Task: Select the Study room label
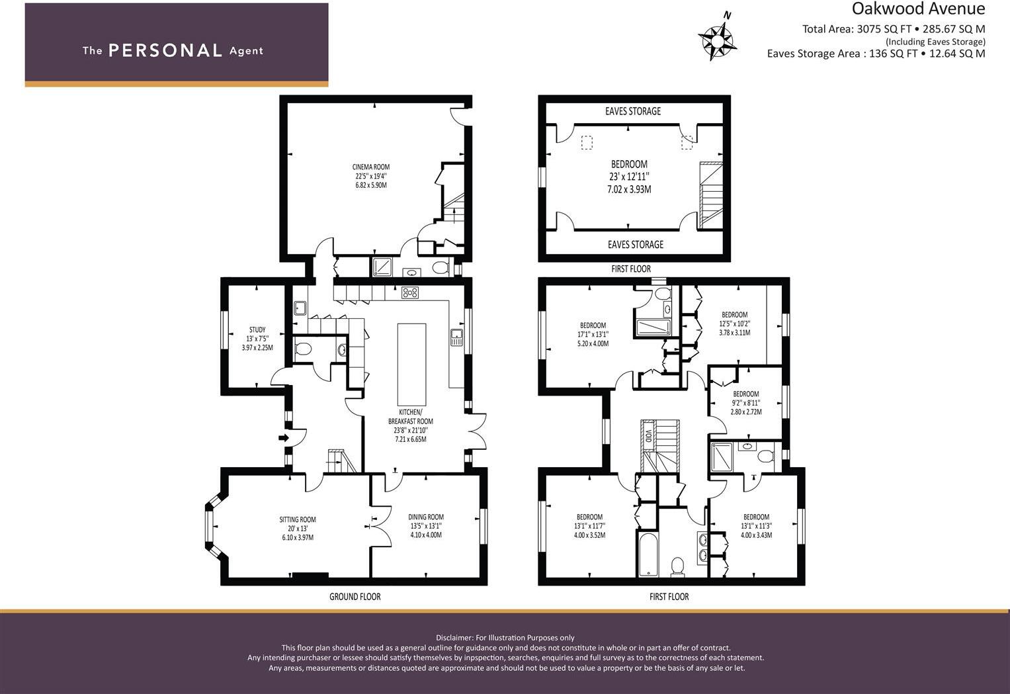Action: [x=257, y=338]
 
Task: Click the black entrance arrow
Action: [x=284, y=438]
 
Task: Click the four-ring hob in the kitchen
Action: [x=410, y=292]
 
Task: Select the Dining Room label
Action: [x=425, y=525]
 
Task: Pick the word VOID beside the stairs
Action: [x=648, y=437]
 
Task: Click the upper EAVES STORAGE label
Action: [x=632, y=111]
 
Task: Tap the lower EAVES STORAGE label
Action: [x=635, y=245]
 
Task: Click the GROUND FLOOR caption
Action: [x=355, y=597]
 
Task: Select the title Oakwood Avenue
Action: [x=918, y=9]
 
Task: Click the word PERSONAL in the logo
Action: [x=165, y=50]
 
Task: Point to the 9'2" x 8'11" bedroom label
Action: [x=745, y=402]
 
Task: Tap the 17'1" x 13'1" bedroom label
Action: [x=593, y=334]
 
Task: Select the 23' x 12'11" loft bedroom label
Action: [x=629, y=176]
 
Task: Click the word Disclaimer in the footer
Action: [x=454, y=637]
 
